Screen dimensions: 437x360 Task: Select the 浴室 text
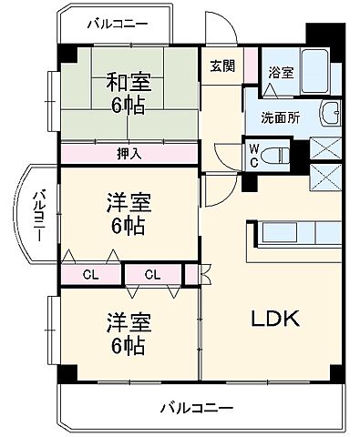(280, 71)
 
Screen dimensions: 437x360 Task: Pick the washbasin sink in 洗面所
(329, 116)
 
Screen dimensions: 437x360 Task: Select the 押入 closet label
(129, 153)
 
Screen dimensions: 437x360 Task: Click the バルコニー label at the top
(116, 25)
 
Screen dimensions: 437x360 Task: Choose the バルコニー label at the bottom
(199, 406)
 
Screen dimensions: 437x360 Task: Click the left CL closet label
(90, 273)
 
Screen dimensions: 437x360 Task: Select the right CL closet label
(151, 273)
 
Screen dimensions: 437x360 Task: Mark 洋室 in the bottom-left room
(128, 321)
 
